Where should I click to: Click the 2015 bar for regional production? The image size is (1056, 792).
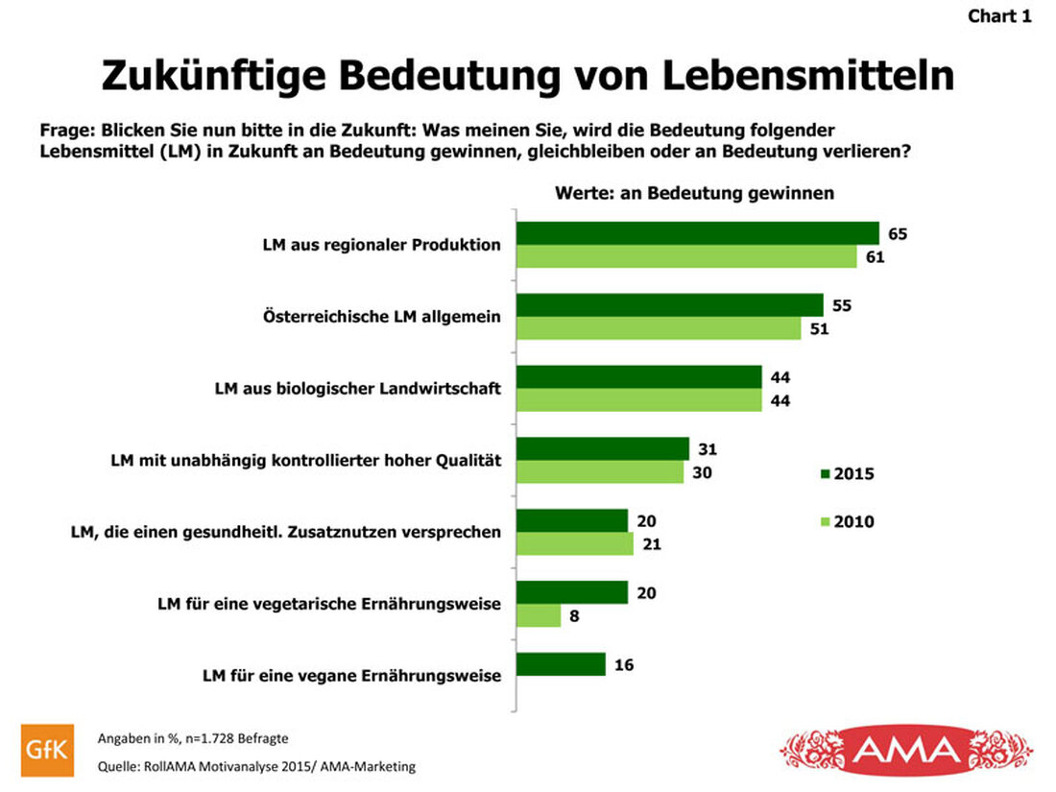(698, 233)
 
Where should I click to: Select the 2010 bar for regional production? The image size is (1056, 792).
(686, 256)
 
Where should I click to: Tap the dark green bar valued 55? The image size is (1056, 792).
(670, 305)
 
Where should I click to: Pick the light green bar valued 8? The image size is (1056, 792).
(539, 615)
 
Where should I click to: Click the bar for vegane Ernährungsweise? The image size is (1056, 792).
(561, 664)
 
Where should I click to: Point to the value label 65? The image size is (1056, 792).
(898, 233)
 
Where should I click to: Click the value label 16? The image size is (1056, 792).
(624, 664)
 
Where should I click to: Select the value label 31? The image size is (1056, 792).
(708, 448)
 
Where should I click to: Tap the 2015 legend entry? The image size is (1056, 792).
(847, 473)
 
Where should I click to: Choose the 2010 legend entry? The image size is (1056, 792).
(847, 522)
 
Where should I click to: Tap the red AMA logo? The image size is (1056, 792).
(906, 749)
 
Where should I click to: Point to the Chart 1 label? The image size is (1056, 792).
(999, 16)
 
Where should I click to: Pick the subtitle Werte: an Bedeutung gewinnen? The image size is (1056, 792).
(694, 193)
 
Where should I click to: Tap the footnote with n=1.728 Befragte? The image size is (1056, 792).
(193, 738)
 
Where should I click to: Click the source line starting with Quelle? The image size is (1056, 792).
(257, 767)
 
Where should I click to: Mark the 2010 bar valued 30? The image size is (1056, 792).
(600, 471)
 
